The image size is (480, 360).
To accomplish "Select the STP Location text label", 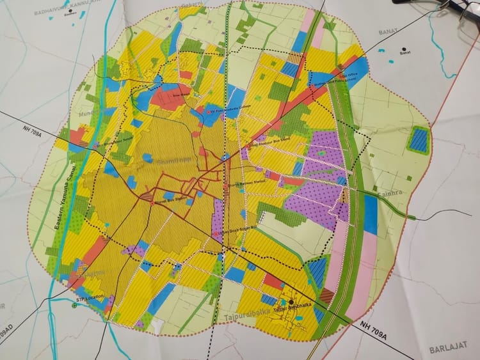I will coord(90,299).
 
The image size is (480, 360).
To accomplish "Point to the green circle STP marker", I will coord(75,305).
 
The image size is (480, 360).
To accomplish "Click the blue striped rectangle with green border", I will coord(419,140).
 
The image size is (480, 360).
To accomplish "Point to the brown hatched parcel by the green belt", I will coord(327,295).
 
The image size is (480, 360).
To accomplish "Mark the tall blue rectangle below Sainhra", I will coord(371,214).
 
